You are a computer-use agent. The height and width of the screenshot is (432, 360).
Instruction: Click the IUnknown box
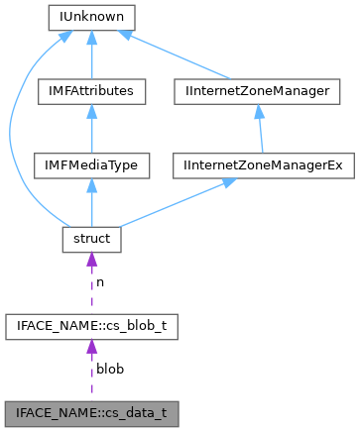(91, 17)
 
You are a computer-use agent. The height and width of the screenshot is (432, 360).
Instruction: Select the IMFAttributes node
(91, 91)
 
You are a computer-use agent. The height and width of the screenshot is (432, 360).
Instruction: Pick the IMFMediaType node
(91, 165)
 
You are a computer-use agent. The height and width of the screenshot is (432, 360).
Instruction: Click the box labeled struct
(91, 239)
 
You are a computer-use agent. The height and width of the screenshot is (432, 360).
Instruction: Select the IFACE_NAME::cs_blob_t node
(91, 324)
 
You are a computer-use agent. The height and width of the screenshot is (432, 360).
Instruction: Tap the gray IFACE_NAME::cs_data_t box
(91, 408)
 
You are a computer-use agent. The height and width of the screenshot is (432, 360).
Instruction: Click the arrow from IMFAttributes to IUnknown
(91, 54)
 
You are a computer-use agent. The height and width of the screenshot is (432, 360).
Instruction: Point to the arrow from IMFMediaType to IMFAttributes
(91, 129)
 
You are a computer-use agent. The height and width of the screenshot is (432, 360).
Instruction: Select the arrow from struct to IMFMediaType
(91, 203)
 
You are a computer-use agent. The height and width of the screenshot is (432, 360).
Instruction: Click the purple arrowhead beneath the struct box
(91, 261)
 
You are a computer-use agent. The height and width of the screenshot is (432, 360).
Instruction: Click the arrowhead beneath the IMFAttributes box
(91, 112)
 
